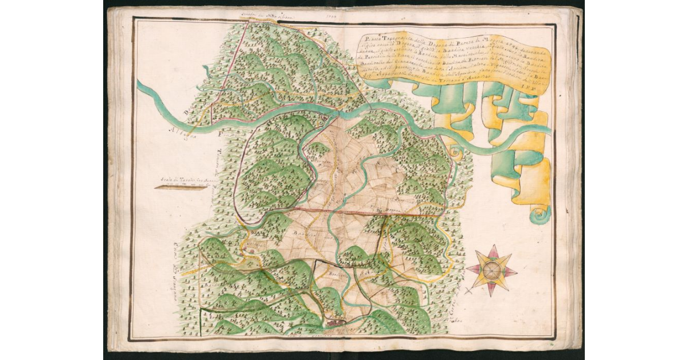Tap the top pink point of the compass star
492,248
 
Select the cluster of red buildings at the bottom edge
335,324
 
